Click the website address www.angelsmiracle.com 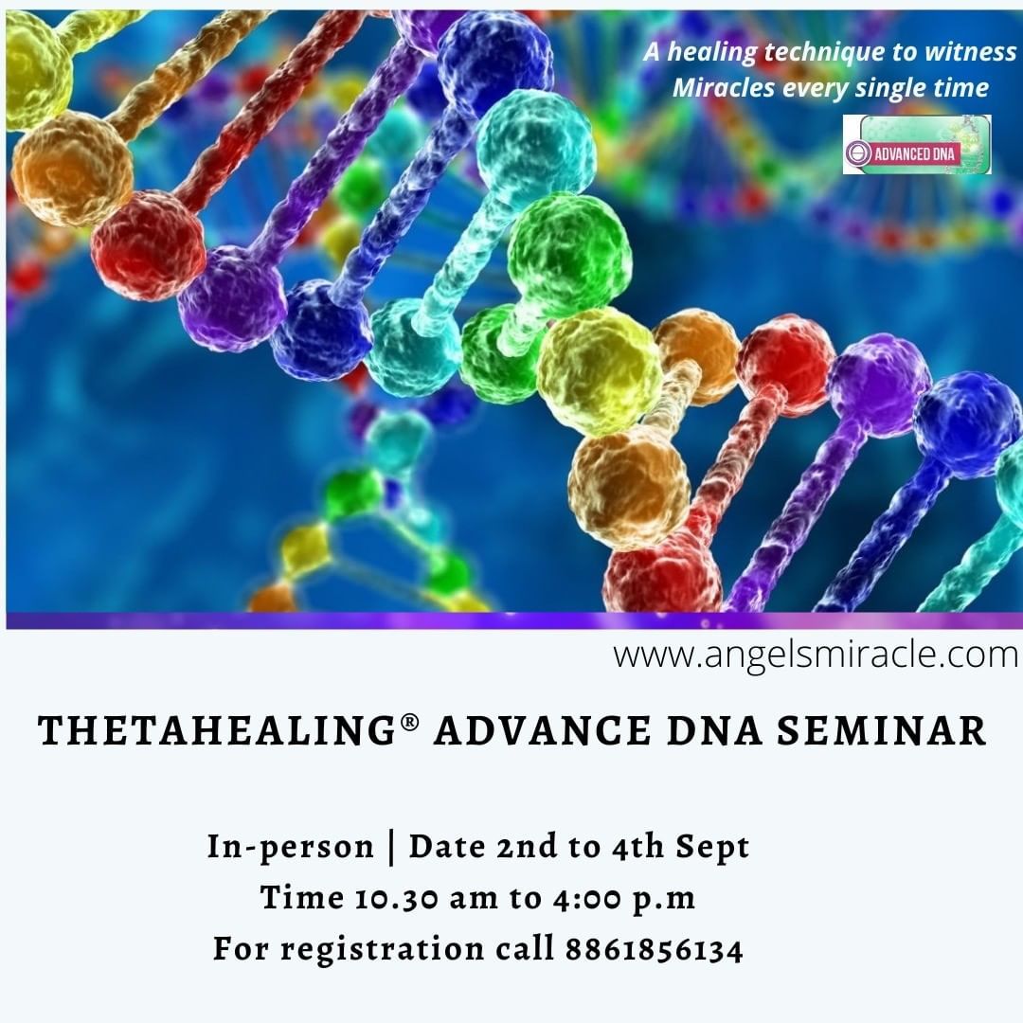[x=815, y=655]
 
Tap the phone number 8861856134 [x=655, y=949]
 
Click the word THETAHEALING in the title [x=217, y=730]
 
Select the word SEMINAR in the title [x=881, y=730]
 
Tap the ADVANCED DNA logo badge [x=917, y=144]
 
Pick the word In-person [x=291, y=847]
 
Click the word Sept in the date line [x=712, y=847]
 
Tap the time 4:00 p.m [x=623, y=899]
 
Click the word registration [x=383, y=949]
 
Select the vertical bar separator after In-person [x=391, y=848]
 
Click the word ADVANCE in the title [x=542, y=730]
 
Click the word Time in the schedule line [x=303, y=898]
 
